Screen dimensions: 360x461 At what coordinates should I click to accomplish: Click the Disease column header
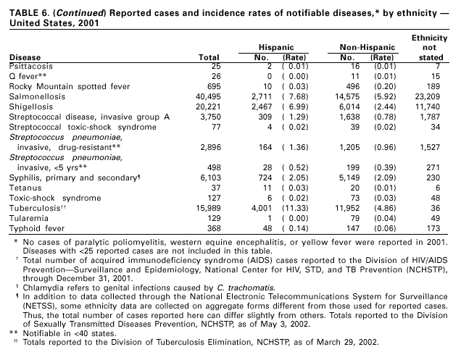click(x=25, y=56)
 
